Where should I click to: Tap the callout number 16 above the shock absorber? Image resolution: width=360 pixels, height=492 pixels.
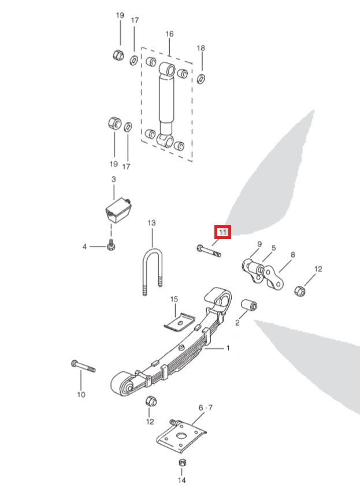(169, 34)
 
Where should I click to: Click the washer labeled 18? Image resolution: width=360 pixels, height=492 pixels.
(201, 77)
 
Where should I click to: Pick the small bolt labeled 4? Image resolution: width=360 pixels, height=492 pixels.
(111, 246)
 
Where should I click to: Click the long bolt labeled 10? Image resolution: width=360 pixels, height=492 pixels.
(83, 366)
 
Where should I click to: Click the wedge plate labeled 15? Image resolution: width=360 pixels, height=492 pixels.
(179, 321)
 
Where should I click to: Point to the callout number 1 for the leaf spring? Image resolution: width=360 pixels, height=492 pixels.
(228, 348)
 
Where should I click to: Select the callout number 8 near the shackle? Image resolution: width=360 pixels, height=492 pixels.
(293, 254)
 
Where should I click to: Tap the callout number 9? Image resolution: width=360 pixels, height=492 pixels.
(259, 244)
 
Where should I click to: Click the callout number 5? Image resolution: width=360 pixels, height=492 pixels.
(274, 248)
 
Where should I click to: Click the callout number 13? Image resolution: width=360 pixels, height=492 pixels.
(151, 222)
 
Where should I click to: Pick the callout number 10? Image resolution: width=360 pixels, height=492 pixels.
(80, 394)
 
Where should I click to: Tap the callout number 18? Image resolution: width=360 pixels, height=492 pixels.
(201, 47)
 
